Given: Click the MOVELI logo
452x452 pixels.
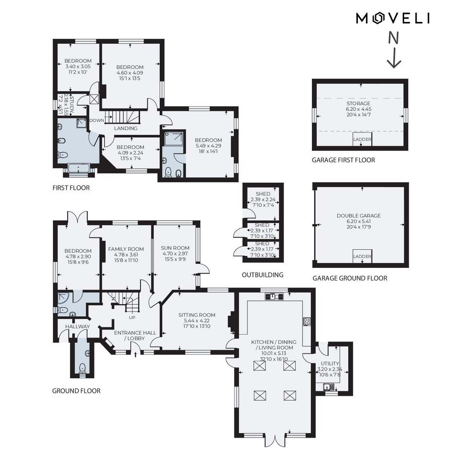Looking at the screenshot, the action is [x=392, y=18].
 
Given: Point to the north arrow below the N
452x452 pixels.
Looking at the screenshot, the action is [x=394, y=58].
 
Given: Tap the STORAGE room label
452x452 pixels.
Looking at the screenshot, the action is [x=359, y=104].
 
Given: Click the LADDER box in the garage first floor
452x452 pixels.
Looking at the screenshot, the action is [x=362, y=139].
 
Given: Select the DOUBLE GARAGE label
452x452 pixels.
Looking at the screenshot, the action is [x=359, y=216].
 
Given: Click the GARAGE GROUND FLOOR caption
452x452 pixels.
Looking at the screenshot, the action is [x=350, y=278].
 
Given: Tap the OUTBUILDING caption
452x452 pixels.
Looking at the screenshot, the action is [x=263, y=275].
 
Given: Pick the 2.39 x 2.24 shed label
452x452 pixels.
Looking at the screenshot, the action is [x=263, y=200].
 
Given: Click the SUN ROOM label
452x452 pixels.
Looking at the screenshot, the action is [x=175, y=248].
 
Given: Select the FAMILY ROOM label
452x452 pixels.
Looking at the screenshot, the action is [x=126, y=249].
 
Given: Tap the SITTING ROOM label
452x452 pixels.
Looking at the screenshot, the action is [x=197, y=315].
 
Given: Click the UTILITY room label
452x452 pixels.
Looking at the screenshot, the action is [x=330, y=363].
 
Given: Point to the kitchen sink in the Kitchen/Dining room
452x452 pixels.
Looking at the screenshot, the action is [x=274, y=296].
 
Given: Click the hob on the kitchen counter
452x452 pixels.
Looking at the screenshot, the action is [x=307, y=321].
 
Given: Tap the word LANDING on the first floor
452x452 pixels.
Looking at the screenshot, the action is [x=126, y=128].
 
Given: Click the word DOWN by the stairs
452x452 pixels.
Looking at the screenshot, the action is [x=97, y=120].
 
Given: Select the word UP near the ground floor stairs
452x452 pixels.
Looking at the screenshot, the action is [x=132, y=318].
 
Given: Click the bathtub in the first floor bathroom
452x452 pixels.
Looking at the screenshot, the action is [x=79, y=168].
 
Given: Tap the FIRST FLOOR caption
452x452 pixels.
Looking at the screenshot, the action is [x=71, y=188].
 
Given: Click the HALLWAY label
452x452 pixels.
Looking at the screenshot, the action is [x=78, y=326].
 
